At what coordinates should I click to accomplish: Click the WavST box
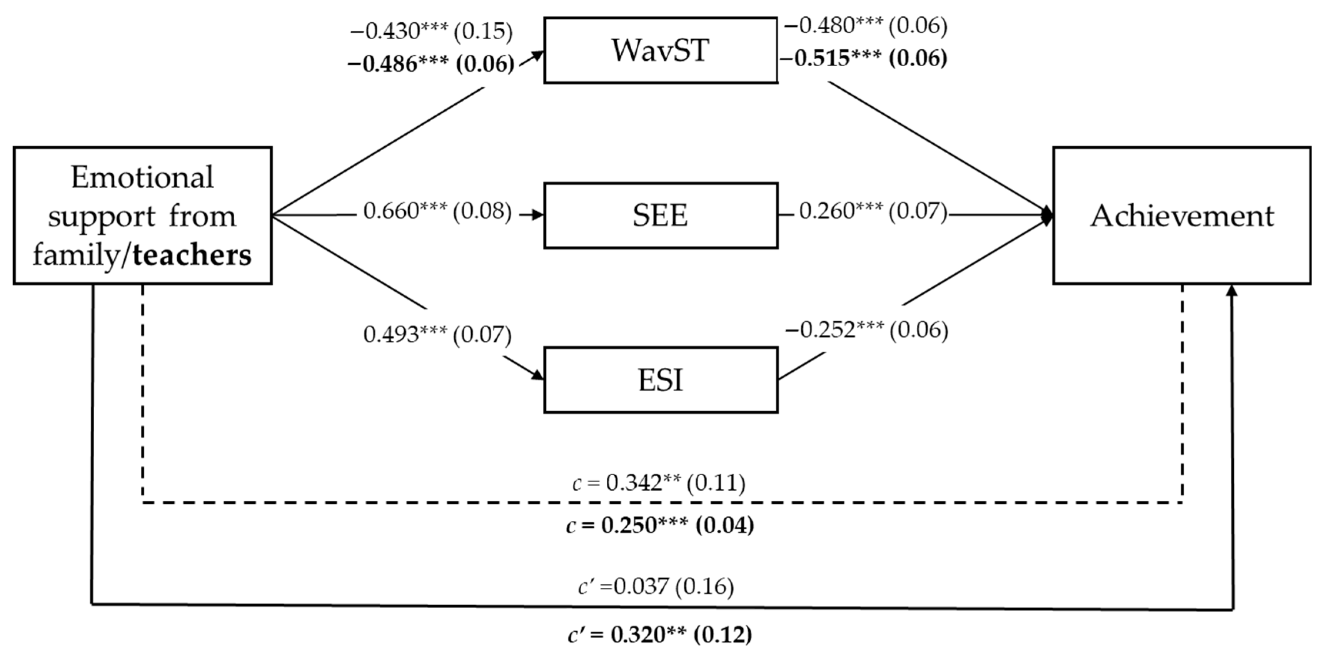(x=661, y=50)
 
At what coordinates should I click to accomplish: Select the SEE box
(x=661, y=215)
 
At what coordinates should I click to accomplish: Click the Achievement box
(x=1182, y=215)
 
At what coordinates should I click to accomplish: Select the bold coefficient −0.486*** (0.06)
(x=431, y=64)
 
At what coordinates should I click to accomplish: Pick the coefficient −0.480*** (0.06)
(x=866, y=26)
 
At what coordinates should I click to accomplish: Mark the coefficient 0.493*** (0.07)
(x=437, y=335)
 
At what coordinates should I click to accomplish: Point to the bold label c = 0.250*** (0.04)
(x=660, y=525)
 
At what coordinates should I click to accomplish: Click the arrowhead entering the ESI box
(x=537, y=375)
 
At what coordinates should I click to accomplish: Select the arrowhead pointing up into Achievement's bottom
(x=1231, y=291)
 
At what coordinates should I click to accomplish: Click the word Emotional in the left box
(x=142, y=178)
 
